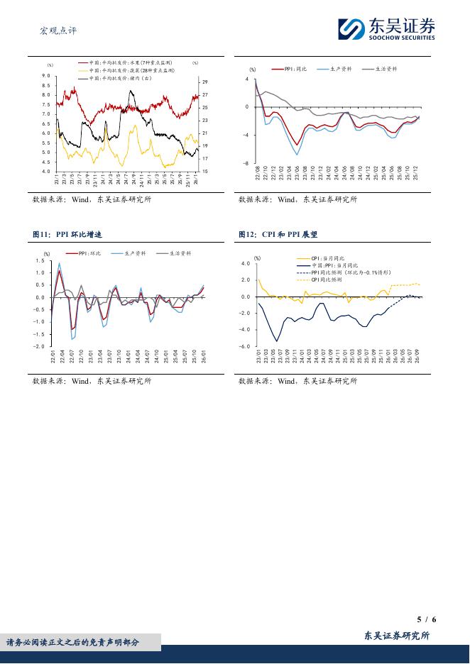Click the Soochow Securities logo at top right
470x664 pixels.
(x=386, y=30)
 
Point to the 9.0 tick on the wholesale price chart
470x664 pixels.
(x=45, y=76)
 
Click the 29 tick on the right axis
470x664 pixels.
(x=204, y=82)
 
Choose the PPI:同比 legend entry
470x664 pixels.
(x=294, y=69)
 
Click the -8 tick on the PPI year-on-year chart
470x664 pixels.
(x=247, y=164)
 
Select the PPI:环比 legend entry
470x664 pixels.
(x=88, y=253)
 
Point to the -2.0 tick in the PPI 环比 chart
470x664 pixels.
(x=40, y=347)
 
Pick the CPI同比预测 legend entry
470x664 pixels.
(x=327, y=280)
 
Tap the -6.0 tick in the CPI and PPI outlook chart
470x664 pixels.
(x=246, y=347)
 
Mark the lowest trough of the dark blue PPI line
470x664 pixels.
(x=277, y=341)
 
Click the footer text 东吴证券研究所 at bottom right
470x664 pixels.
(x=397, y=636)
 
